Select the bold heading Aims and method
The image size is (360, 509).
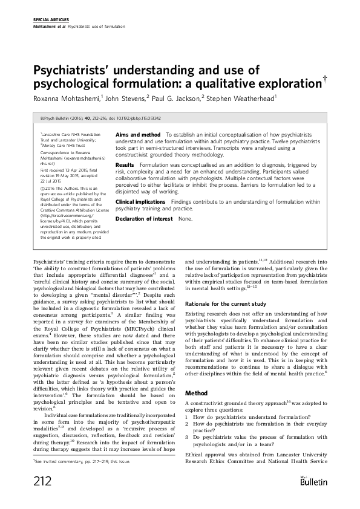pyautogui.click(x=137, y=134)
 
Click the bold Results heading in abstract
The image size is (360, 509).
pyautogui.click(x=125, y=164)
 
